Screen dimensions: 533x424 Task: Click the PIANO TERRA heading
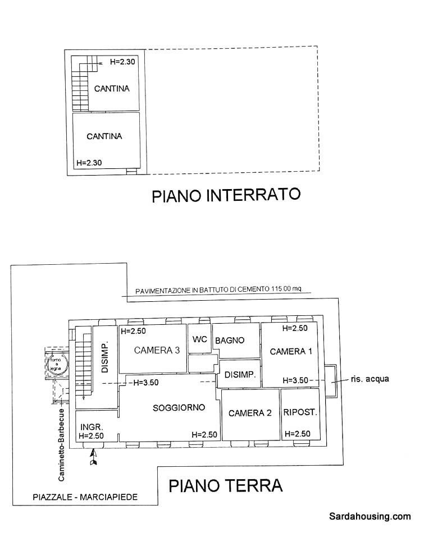[226, 485]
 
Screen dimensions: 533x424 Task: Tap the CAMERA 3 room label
[157, 351]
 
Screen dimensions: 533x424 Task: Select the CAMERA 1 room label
[291, 352]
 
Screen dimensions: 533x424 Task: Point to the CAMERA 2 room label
[250, 413]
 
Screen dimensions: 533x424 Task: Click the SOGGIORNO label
[179, 408]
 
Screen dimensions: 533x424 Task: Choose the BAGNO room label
[230, 340]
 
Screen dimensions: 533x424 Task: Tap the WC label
[200, 339]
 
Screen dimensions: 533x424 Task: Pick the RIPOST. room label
[300, 412]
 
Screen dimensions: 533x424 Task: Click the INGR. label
[90, 426]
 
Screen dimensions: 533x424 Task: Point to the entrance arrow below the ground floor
[94, 457]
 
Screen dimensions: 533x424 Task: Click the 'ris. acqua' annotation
[368, 379]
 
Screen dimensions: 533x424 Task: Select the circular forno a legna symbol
[57, 363]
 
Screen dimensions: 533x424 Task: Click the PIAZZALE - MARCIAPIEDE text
[85, 497]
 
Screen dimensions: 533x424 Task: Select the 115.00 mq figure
[286, 290]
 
